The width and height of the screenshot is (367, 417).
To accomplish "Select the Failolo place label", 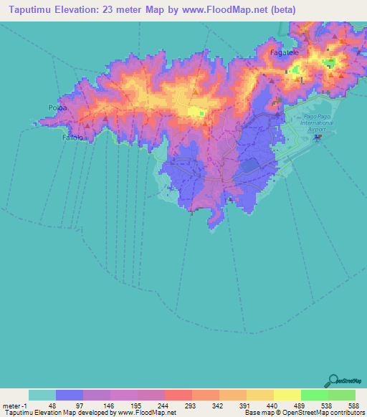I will (73, 137).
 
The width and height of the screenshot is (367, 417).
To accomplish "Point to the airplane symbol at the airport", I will (319, 138).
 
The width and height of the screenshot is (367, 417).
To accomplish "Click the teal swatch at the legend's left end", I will (42, 395).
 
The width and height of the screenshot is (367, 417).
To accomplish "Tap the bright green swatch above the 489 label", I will (314, 395).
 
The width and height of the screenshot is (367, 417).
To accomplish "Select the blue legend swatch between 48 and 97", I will (69, 395).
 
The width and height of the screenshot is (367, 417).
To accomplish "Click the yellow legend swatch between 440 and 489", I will (287, 395).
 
